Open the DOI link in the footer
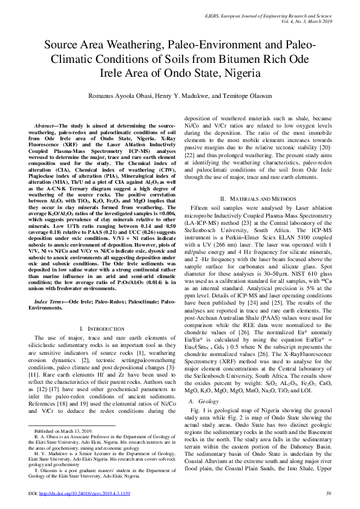point(90,494)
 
